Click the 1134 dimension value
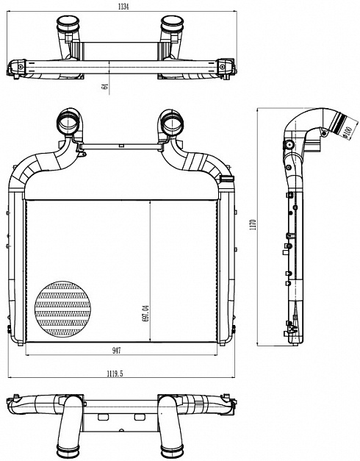pyautogui.click(x=123, y=7)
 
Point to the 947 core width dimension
pyautogui.click(x=116, y=351)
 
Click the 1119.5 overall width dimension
pyautogui.click(x=115, y=374)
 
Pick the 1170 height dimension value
pyautogui.click(x=254, y=224)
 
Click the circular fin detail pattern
pyautogui.click(x=62, y=309)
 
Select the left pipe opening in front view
pyautogui.click(x=68, y=123)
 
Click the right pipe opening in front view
pyautogui.click(x=173, y=124)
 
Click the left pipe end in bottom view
pyautogui.click(x=68, y=450)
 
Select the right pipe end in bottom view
pyautogui.click(x=172, y=450)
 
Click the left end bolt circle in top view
pyautogui.click(x=21, y=67)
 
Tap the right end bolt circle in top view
pyautogui.click(x=222, y=67)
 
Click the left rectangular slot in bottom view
pyautogui.click(x=103, y=417)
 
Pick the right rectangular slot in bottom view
pyautogui.click(x=139, y=417)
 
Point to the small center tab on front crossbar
pyautogui.click(x=120, y=146)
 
